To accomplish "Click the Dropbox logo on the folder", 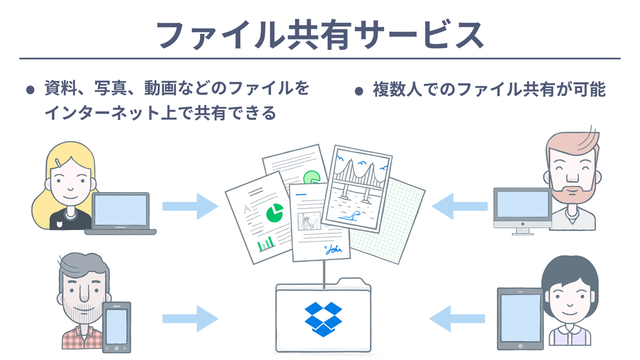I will tap(323, 318).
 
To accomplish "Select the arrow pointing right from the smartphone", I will tap(190, 319).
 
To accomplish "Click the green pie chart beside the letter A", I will tap(275, 213).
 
